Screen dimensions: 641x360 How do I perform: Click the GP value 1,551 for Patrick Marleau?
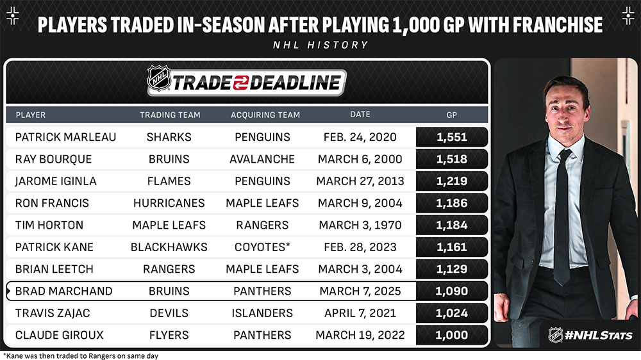click(452, 137)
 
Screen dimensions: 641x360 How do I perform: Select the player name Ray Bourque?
click(54, 159)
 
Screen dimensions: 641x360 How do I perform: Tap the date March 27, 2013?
click(360, 181)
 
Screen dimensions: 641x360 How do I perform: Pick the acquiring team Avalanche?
click(262, 159)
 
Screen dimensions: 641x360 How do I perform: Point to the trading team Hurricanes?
click(169, 203)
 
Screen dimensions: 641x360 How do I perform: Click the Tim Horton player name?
click(49, 225)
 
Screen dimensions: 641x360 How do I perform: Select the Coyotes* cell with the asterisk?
click(262, 247)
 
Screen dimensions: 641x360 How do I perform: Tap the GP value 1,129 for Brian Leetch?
click(452, 269)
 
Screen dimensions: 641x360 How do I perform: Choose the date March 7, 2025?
click(360, 291)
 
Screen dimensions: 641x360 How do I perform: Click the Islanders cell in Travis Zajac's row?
click(262, 313)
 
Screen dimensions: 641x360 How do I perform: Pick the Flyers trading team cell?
click(169, 335)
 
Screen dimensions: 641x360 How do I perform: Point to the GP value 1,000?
click(452, 335)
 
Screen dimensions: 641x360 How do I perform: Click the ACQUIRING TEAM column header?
click(265, 115)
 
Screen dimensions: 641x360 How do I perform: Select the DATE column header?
click(360, 115)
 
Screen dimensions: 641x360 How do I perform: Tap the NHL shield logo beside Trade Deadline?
click(159, 78)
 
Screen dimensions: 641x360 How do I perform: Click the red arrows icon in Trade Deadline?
click(241, 83)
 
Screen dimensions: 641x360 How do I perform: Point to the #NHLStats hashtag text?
click(599, 336)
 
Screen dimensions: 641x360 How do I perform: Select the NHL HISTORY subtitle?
click(321, 45)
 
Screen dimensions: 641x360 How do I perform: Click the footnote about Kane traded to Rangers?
click(81, 356)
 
